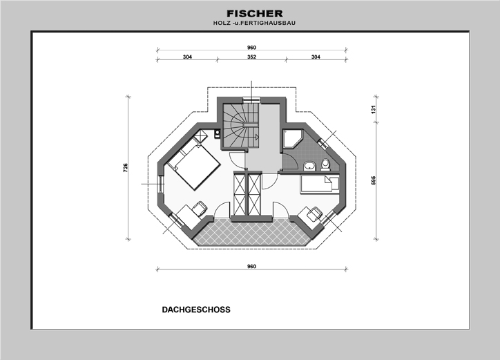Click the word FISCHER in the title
[x=254, y=14]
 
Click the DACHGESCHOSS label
[x=196, y=310]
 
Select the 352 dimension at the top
[x=252, y=57]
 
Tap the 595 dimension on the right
[x=373, y=181]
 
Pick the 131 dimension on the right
[x=373, y=109]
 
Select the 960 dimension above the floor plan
[x=252, y=48]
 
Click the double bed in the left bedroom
[x=195, y=166]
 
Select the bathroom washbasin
[x=310, y=164]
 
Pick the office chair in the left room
[x=200, y=207]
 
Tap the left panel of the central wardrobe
[x=240, y=194]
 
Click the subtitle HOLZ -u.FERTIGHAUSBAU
[x=254, y=23]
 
